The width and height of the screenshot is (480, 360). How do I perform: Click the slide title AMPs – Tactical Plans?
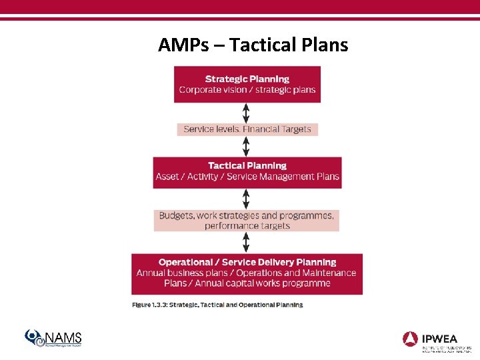(253, 45)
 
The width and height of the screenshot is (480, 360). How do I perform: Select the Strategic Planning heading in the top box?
(247, 79)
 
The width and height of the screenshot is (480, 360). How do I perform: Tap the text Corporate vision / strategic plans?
(247, 90)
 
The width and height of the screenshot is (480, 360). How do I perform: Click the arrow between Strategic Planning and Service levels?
(247, 113)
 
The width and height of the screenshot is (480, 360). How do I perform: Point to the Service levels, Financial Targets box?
(247, 129)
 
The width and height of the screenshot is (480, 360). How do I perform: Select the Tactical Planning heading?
(247, 165)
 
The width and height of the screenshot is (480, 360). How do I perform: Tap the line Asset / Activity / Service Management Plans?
(247, 177)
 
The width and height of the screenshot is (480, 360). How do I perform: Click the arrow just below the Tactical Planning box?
(247, 198)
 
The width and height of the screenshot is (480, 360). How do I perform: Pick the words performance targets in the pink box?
(247, 226)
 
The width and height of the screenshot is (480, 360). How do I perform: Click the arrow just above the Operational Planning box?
(247, 242)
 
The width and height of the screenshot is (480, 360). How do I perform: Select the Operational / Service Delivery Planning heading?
(247, 262)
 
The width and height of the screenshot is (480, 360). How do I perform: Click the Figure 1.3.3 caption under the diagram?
(217, 305)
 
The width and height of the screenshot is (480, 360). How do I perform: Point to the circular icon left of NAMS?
(34, 338)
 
